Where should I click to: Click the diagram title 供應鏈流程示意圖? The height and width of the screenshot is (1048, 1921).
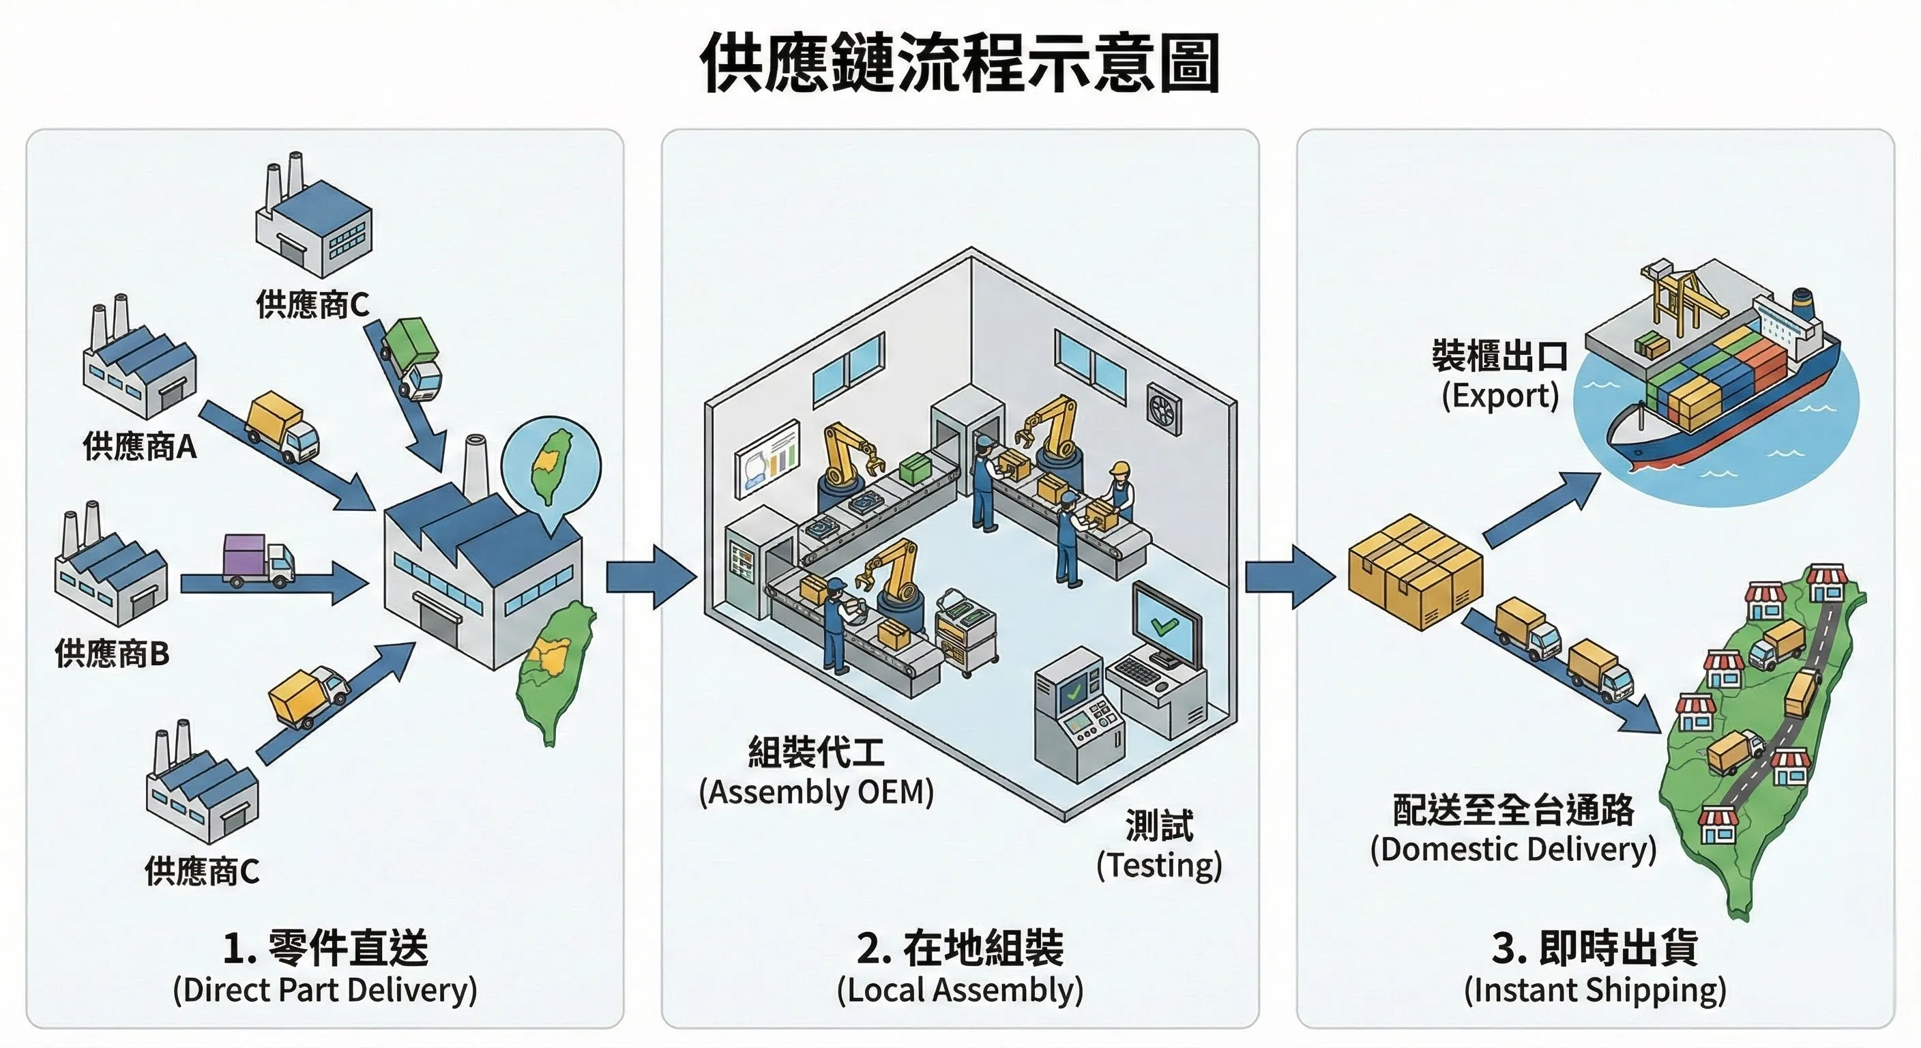tap(960, 63)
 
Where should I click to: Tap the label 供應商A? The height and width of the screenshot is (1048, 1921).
tap(139, 447)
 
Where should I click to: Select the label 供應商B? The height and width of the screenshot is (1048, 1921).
tap(112, 654)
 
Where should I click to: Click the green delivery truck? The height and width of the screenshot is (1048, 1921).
tap(413, 358)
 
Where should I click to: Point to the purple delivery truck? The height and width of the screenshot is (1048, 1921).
tap(258, 560)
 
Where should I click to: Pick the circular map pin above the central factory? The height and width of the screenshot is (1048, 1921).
tap(551, 463)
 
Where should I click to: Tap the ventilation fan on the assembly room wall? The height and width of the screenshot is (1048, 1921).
tap(1164, 409)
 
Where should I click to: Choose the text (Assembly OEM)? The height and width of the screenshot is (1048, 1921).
tap(817, 792)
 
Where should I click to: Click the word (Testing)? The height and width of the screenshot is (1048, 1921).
tap(1159, 865)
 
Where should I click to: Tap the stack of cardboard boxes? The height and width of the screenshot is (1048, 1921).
tap(1415, 570)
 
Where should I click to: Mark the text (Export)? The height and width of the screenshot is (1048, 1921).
tap(1499, 395)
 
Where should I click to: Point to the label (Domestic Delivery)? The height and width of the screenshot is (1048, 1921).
tap(1513, 849)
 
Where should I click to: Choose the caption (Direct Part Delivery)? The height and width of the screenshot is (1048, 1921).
tap(325, 991)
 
